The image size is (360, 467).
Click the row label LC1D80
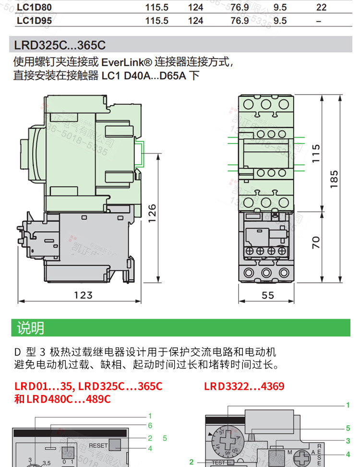(x=34, y=7)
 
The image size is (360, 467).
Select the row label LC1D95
(x=34, y=21)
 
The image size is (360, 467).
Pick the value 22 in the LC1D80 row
(x=321, y=7)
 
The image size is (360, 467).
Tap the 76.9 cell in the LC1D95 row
(x=240, y=21)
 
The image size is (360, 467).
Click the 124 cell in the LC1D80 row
(x=195, y=7)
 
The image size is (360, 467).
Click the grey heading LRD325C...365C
(x=60, y=46)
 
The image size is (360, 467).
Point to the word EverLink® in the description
(x=126, y=62)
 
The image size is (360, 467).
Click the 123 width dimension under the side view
(x=83, y=295)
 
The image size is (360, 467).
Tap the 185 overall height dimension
(x=335, y=179)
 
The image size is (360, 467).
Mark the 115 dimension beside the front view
(x=315, y=153)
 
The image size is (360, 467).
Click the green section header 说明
(x=30, y=328)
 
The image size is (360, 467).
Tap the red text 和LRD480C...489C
(x=62, y=399)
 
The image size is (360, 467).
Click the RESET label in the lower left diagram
(x=98, y=445)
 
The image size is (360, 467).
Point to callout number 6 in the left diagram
(x=150, y=425)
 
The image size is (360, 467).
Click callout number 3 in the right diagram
(x=348, y=441)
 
